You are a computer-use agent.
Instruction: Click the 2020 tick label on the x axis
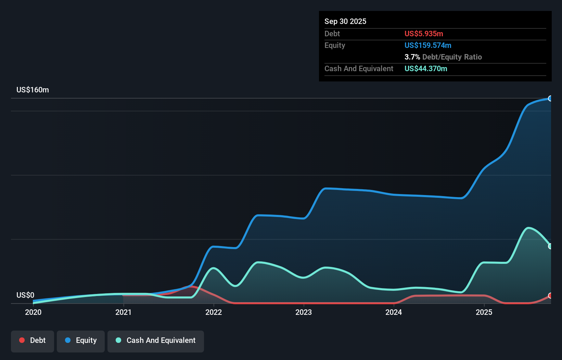pos(33,312)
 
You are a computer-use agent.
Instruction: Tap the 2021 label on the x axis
pos(123,312)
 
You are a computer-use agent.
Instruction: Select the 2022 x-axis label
pos(214,312)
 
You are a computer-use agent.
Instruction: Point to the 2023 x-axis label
pos(304,312)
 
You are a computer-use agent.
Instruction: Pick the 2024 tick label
pos(394,312)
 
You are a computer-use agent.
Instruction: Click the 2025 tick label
pos(484,312)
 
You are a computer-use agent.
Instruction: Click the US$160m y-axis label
pos(33,90)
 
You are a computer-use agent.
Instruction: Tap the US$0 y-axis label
pos(25,295)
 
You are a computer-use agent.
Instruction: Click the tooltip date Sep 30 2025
pos(345,22)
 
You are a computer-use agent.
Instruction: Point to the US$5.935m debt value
pos(424,34)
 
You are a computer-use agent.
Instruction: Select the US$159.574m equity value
pos(428,46)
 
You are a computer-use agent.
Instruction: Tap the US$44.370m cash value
pos(426,69)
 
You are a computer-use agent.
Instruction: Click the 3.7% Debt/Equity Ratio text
pos(443,57)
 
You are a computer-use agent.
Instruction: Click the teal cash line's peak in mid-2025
pos(529,228)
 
